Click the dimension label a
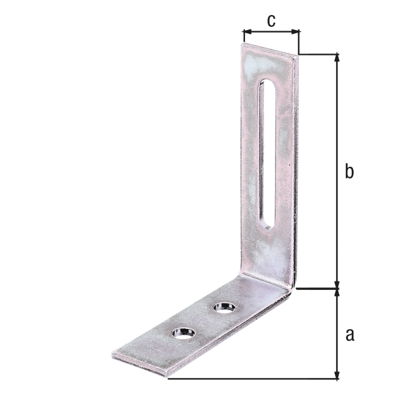[349, 334]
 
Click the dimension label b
[349, 172]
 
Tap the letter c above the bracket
[270, 20]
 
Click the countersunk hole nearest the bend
[225, 306]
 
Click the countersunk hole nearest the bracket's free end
[183, 332]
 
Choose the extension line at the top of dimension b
[319, 54]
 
